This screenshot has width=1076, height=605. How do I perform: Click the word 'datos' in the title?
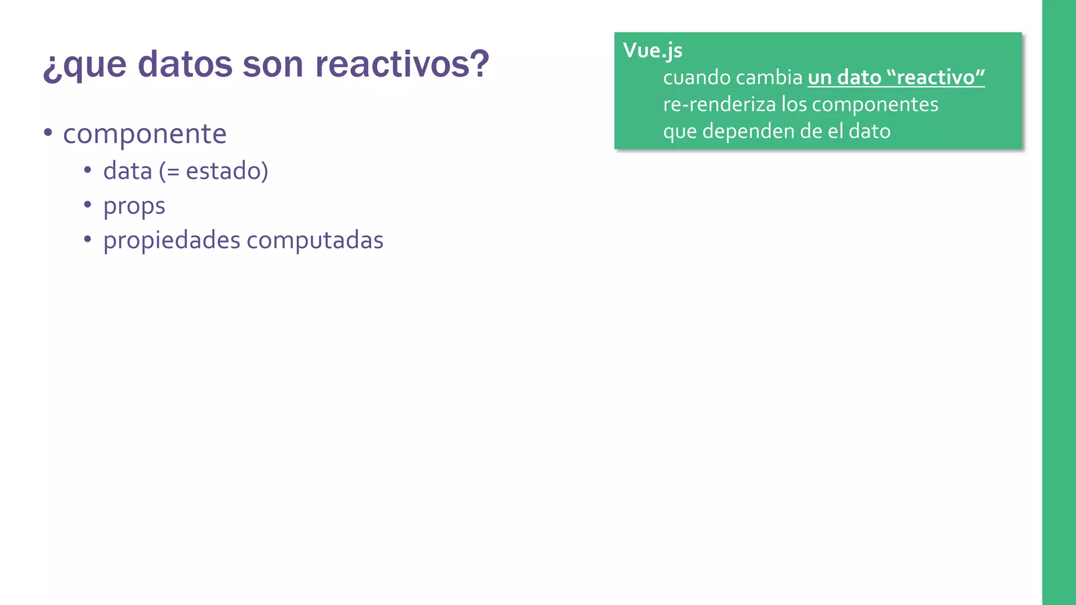tap(185, 64)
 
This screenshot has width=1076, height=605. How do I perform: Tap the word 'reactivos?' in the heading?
tap(402, 64)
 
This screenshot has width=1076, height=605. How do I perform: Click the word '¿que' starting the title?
tap(85, 65)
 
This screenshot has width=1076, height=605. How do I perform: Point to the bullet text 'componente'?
tap(144, 134)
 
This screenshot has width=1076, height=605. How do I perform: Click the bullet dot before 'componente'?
tap(48, 132)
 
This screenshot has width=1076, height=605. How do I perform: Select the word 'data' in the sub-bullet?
tap(127, 171)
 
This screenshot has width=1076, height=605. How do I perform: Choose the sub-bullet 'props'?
tap(134, 206)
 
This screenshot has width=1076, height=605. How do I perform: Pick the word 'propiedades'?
tap(171, 241)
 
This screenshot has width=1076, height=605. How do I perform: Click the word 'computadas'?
tap(315, 241)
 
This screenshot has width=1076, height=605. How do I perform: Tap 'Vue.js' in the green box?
tap(653, 50)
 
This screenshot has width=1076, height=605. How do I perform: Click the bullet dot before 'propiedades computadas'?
tap(88, 239)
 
